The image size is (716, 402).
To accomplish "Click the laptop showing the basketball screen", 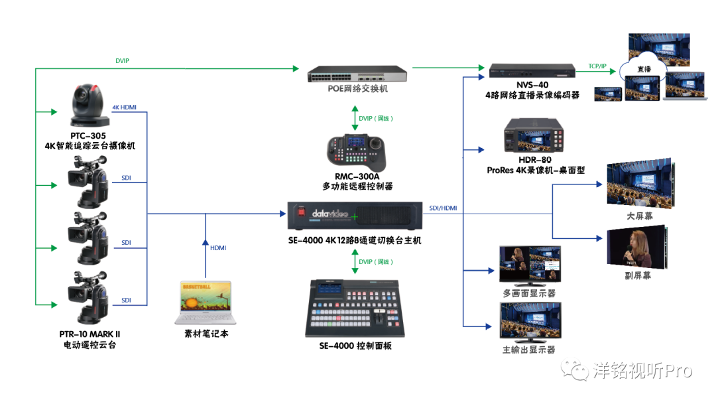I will point(206,304).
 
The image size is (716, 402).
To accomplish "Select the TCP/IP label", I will point(597,66).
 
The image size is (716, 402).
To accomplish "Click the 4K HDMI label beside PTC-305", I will point(125,107).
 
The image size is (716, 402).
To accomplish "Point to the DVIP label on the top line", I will point(122,60).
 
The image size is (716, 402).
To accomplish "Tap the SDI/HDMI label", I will point(443,208).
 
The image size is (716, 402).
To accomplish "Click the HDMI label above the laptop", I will point(218,247).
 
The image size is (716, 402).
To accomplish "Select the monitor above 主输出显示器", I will point(530,322).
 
